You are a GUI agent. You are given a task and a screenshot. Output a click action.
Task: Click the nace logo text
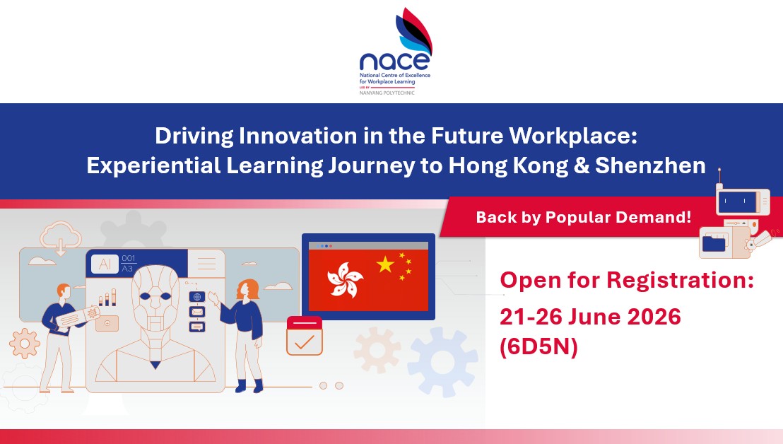(394, 61)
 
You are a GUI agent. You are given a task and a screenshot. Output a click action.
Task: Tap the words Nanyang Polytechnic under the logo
(387, 93)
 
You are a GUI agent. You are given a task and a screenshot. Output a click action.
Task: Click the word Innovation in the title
(298, 136)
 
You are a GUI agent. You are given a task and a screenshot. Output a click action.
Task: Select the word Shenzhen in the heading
(650, 165)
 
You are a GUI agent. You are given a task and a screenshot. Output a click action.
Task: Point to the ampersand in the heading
(582, 166)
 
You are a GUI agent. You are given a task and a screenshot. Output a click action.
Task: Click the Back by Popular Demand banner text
(583, 217)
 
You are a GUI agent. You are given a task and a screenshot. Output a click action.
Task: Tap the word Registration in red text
(680, 280)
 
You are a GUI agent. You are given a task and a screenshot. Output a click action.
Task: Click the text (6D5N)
(538, 346)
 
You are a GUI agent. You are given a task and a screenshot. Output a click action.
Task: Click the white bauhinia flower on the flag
(345, 280)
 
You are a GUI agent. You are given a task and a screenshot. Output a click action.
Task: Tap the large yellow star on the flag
(385, 264)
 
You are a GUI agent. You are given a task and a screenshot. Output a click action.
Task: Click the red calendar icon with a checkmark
(305, 336)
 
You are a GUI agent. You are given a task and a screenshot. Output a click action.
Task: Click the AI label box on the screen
(105, 264)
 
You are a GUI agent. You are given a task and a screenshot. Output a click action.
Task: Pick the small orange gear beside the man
(25, 343)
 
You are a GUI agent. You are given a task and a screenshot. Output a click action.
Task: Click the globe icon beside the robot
(197, 297)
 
